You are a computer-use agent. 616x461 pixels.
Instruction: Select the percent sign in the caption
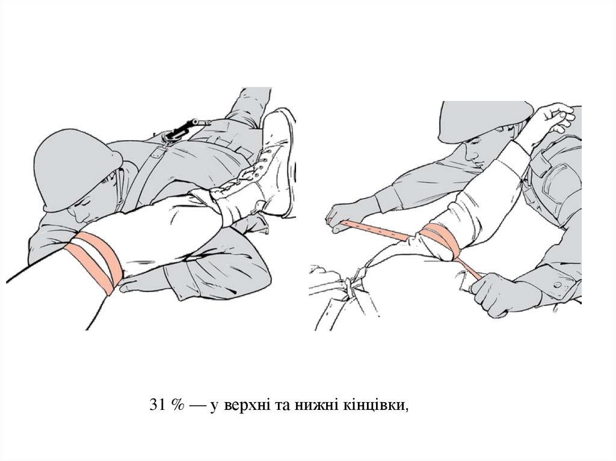pyautogui.click(x=177, y=405)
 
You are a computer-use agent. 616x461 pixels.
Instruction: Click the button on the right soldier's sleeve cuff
pyautogui.click(x=556, y=284)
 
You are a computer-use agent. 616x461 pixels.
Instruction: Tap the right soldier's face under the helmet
pyautogui.click(x=480, y=151)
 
